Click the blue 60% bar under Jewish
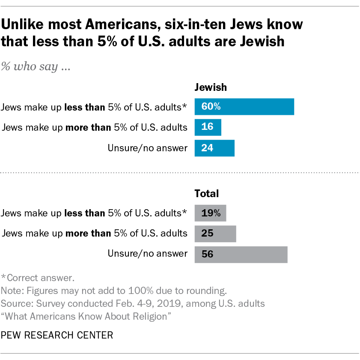[x=244, y=107]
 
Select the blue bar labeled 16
[x=208, y=127]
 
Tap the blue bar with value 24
[x=214, y=148]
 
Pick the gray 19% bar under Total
[x=210, y=213]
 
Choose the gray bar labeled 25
[x=215, y=233]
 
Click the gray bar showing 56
[x=241, y=254]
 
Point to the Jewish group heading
[x=211, y=87]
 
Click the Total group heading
[x=207, y=194]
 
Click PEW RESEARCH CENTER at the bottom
[x=57, y=335]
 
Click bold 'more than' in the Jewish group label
[x=84, y=127]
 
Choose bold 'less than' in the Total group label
[x=84, y=213]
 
